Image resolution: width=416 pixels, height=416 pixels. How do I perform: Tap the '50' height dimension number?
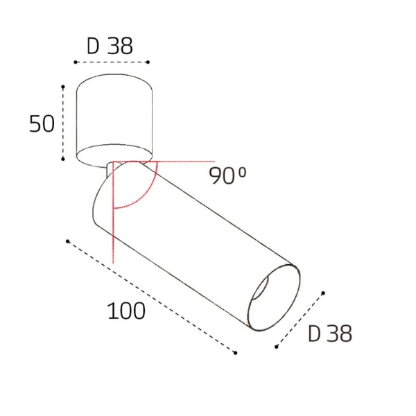click(42, 124)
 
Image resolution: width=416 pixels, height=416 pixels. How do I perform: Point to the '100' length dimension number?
click(126, 311)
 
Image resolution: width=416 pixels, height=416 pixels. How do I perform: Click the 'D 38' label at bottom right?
click(330, 334)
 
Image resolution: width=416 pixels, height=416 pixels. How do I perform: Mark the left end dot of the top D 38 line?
click(75, 63)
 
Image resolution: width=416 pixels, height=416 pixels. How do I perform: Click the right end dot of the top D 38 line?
click(148, 63)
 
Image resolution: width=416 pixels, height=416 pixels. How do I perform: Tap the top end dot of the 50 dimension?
click(63, 87)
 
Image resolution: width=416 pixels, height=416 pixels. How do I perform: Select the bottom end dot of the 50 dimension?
click(63, 159)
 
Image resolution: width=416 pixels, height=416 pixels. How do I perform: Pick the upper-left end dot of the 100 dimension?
click(67, 241)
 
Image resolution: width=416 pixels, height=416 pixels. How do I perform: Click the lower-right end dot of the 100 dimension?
click(235, 354)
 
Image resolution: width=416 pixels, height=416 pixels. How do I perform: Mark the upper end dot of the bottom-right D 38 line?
click(324, 293)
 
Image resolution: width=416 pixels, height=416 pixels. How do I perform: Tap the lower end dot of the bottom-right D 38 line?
click(277, 347)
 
